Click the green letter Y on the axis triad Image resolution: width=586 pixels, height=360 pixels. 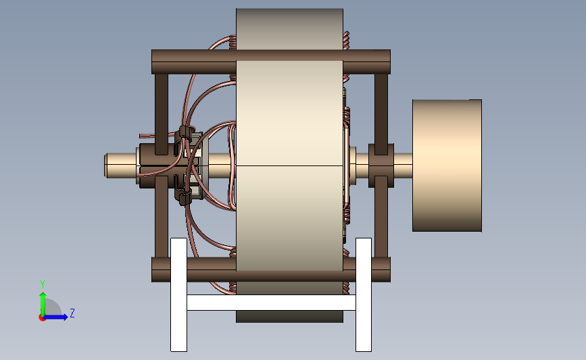click(43, 284)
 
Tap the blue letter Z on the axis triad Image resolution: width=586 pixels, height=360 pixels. click(72, 313)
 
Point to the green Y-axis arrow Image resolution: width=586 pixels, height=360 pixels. click(43, 304)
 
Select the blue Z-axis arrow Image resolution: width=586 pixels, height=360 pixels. click(55, 317)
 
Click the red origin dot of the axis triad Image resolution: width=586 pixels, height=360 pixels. click(42, 318)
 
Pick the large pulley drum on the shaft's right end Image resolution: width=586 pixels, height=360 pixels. click(447, 165)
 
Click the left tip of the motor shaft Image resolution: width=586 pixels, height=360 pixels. click(104, 165)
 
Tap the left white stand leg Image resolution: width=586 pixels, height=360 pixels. click(178, 294)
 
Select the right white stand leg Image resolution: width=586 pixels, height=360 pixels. click(363, 294)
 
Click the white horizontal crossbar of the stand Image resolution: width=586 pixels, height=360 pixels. click(271, 303)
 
